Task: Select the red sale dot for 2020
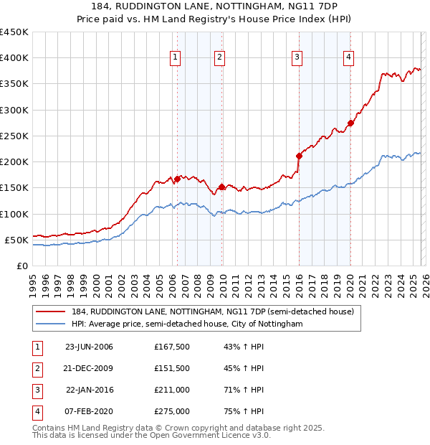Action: tap(350, 123)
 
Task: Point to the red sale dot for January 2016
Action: tap(299, 156)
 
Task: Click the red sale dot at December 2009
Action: tap(221, 187)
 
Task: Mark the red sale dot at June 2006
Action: tap(177, 179)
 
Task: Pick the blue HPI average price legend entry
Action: tap(187, 324)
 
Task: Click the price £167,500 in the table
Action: tap(171, 347)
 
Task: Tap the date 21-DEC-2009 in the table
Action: tap(89, 368)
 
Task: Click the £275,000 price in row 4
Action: tap(171, 411)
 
